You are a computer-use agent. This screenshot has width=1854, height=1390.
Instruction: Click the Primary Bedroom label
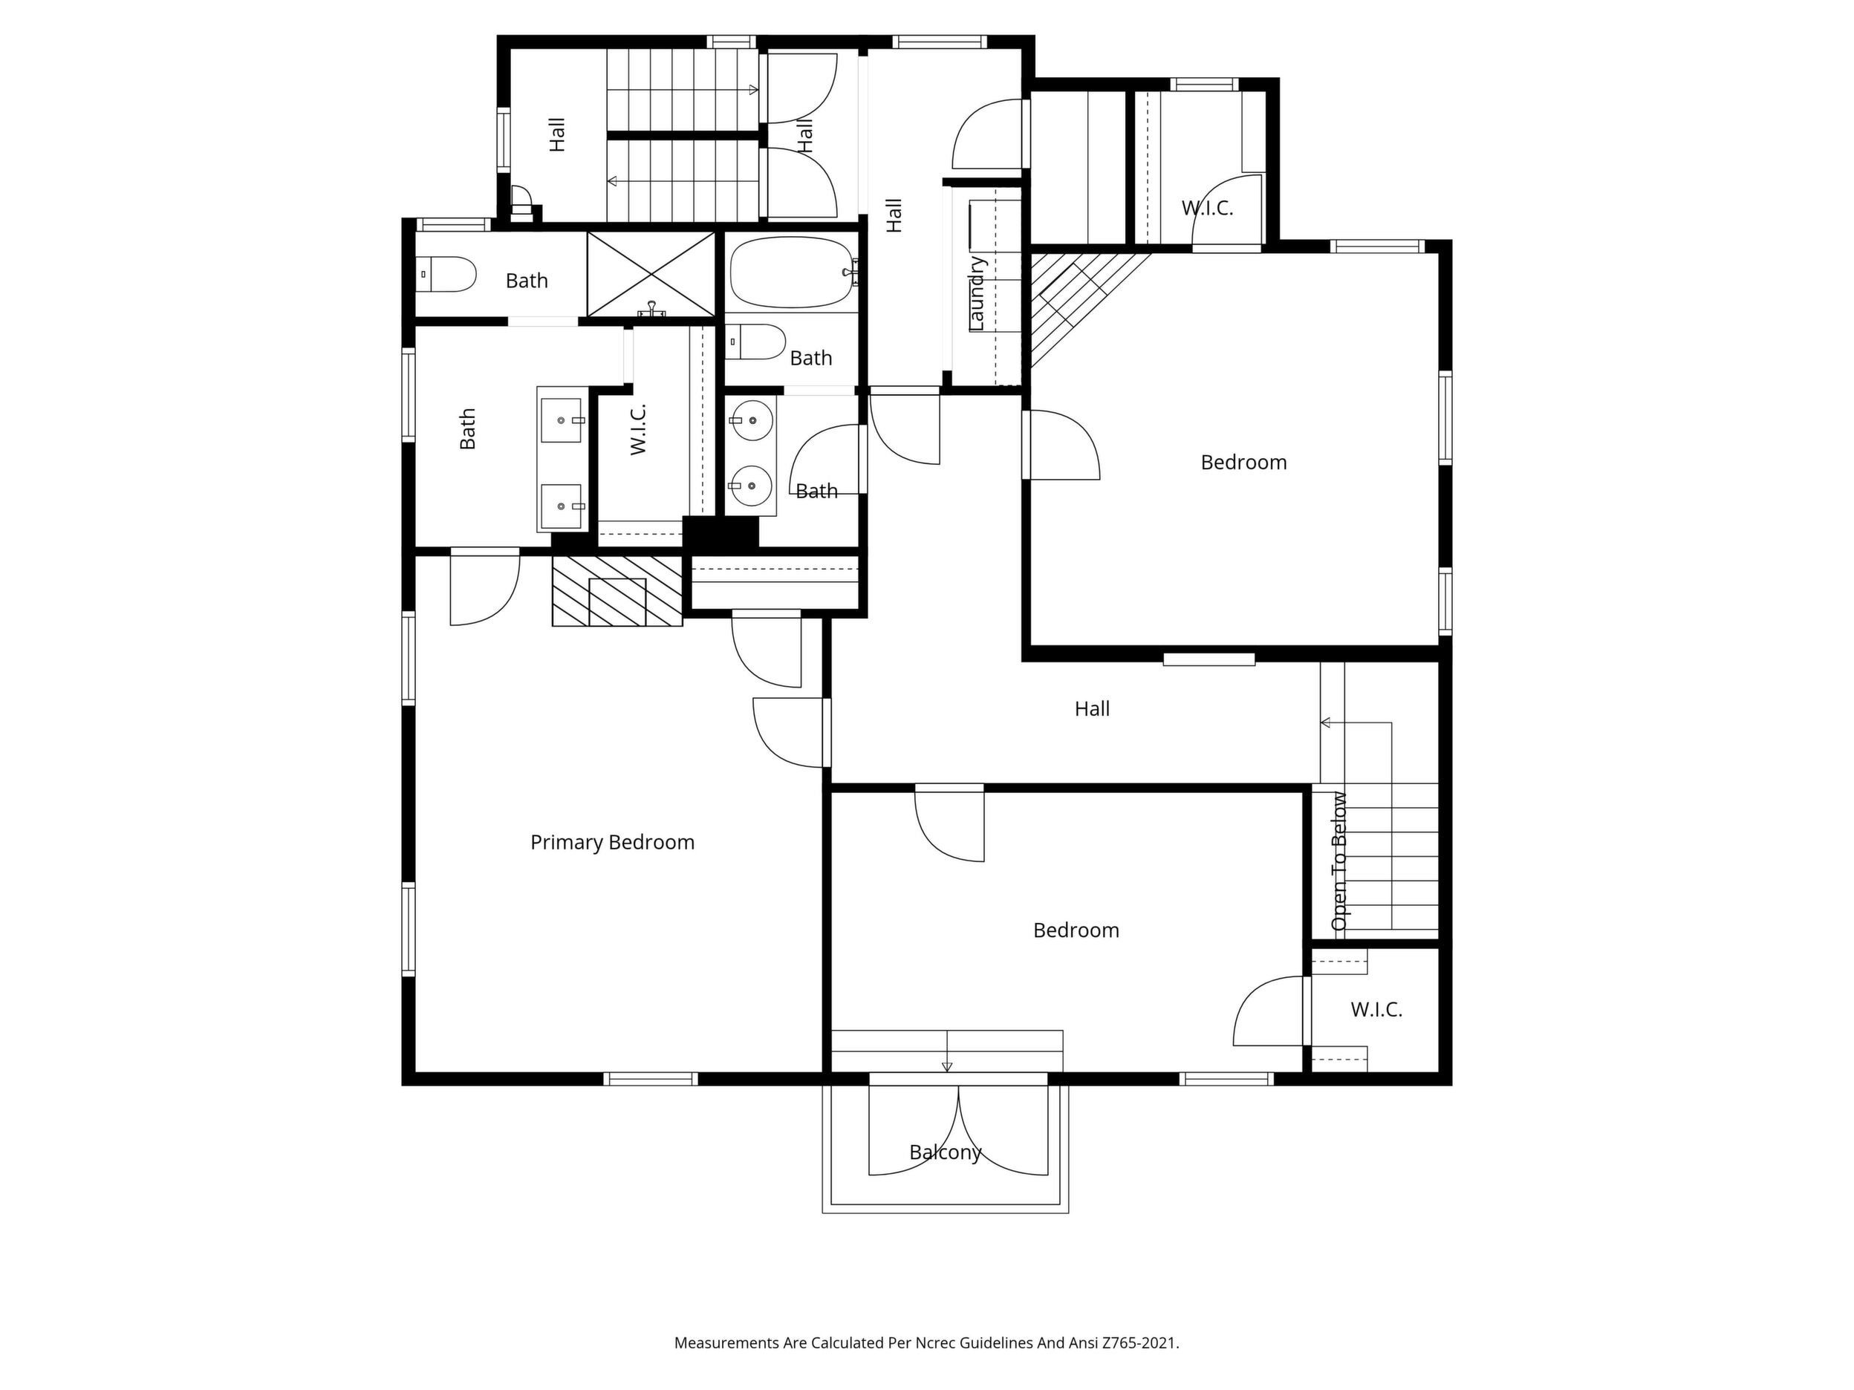click(x=612, y=842)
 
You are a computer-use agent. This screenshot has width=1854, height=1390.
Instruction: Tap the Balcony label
click(x=945, y=1152)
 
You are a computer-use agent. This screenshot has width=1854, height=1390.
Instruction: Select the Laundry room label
click(x=977, y=293)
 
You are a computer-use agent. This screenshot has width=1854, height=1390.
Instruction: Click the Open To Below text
click(x=1339, y=861)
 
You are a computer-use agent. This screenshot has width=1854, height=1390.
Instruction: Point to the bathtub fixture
click(x=792, y=273)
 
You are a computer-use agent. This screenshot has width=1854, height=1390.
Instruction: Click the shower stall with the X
click(x=651, y=275)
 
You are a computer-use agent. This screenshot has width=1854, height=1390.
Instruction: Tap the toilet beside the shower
click(x=446, y=274)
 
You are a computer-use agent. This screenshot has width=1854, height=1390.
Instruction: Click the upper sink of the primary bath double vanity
click(x=562, y=420)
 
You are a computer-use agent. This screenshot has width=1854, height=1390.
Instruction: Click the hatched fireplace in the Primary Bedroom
click(x=617, y=591)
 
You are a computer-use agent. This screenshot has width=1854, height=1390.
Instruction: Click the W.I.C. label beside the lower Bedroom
click(x=1376, y=1010)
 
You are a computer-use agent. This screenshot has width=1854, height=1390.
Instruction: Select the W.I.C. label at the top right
click(x=1207, y=208)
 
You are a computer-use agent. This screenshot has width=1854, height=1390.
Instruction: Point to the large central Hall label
click(x=1092, y=709)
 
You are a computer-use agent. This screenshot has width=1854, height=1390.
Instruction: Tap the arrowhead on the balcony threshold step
click(x=947, y=1066)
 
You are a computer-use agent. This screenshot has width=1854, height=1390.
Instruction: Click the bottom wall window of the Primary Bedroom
click(x=651, y=1079)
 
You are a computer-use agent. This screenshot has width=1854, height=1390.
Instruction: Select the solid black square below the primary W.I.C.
click(x=720, y=532)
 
